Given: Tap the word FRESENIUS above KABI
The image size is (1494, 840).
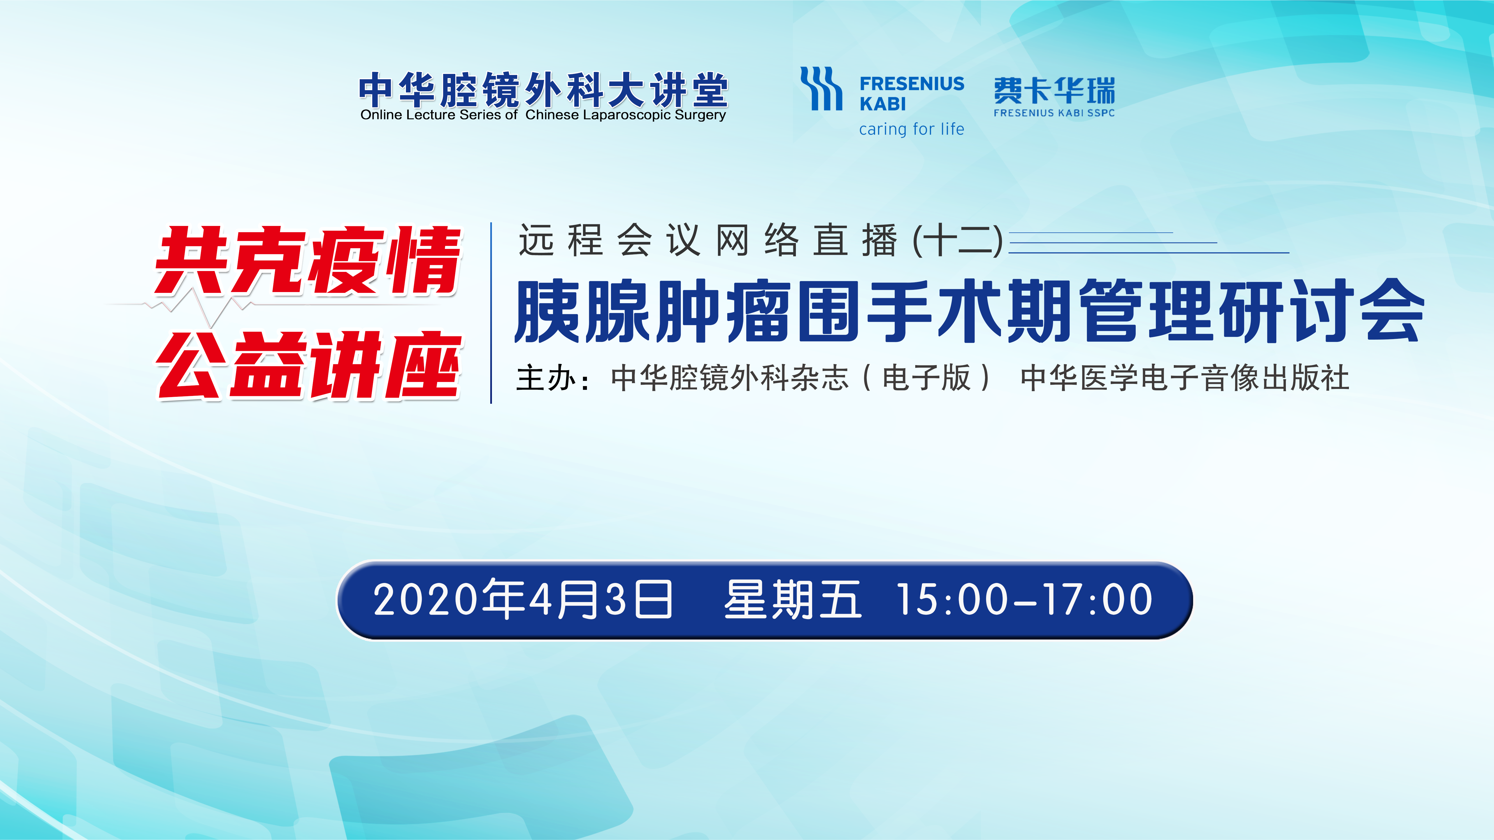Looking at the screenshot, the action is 912,84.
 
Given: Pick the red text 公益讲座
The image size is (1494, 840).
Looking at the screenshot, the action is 309,365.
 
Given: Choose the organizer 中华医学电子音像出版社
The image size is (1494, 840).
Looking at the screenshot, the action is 1185,378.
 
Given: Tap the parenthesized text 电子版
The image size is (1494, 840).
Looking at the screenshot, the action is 926,378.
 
